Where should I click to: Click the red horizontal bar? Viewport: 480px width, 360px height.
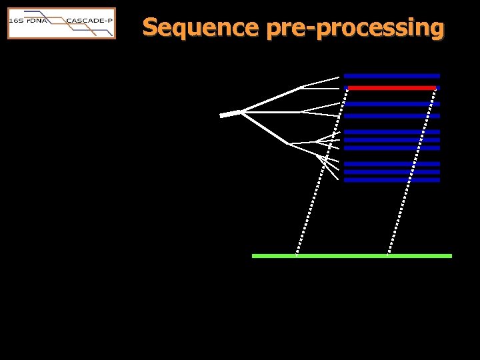392,88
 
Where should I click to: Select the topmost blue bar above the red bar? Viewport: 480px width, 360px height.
392,76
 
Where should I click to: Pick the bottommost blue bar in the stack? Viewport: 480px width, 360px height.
392,180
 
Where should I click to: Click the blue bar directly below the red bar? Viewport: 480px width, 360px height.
392,104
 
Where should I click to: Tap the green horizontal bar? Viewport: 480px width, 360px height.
351,255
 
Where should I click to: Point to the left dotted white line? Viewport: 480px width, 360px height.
321,171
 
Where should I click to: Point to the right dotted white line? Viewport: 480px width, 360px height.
412,171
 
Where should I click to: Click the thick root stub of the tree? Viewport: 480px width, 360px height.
229,115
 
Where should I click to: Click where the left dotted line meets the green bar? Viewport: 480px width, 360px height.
296,255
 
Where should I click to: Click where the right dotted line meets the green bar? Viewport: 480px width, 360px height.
387,255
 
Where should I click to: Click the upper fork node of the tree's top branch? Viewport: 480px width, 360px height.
302,86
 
